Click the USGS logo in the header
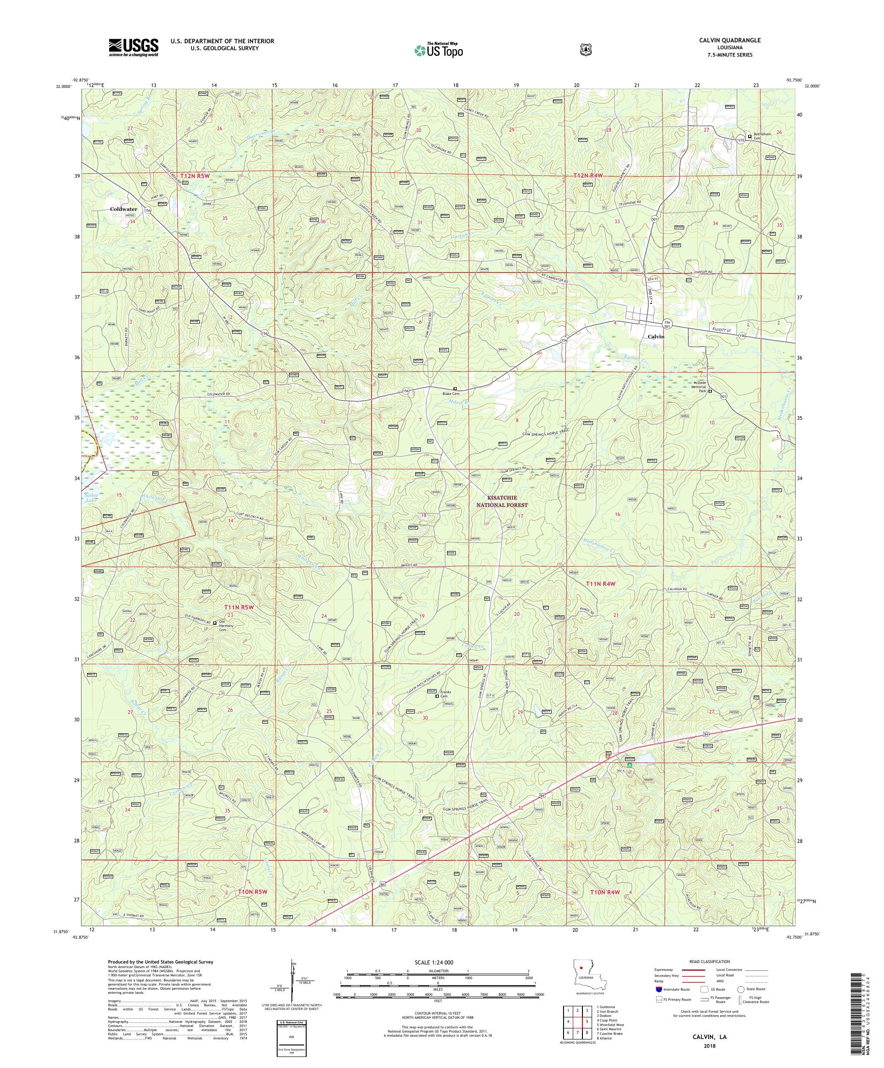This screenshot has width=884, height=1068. [133, 48]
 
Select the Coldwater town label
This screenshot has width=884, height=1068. [123, 209]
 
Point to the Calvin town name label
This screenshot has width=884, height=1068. [656, 337]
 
